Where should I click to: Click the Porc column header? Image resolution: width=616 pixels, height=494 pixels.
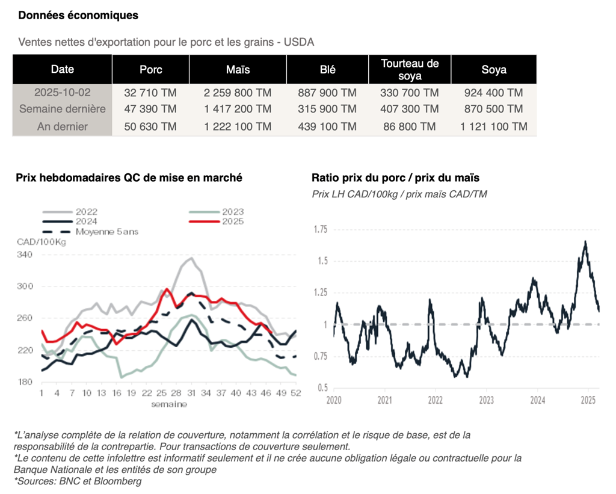150,70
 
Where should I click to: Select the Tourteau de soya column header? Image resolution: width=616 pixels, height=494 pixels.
410,70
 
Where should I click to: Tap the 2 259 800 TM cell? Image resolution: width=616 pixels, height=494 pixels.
238,93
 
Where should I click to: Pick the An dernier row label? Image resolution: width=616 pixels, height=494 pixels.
62,126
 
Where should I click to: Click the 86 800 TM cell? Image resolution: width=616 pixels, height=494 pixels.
410,126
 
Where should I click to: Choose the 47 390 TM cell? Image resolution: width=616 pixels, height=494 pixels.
150,109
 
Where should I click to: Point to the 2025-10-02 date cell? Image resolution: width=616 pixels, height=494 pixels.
62,93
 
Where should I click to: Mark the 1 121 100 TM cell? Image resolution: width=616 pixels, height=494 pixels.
493,126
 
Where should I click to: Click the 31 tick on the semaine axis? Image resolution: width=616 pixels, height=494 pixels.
191,393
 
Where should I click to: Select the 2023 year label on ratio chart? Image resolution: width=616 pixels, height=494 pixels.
486,400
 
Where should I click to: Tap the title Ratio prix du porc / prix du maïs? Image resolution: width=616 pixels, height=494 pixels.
395,178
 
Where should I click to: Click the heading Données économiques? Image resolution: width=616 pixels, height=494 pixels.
78,16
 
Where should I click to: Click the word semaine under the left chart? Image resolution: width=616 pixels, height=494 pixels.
170,404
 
